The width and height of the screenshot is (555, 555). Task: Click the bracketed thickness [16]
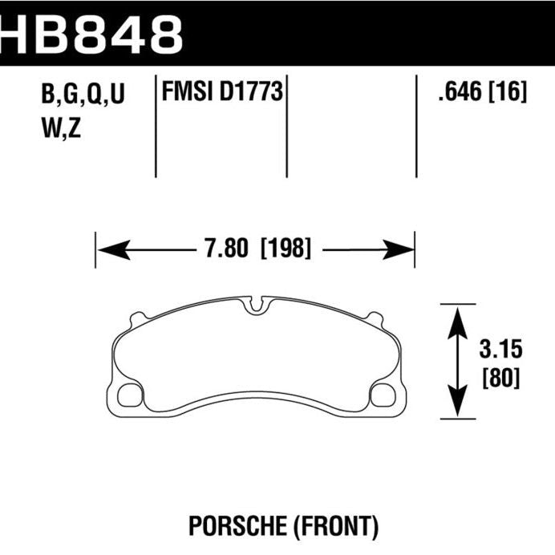tap(508, 94)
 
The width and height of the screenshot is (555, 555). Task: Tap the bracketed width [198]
tap(285, 249)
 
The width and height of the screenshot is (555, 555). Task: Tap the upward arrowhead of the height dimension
tap(457, 316)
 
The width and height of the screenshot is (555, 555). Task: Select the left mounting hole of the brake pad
tap(128, 395)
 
